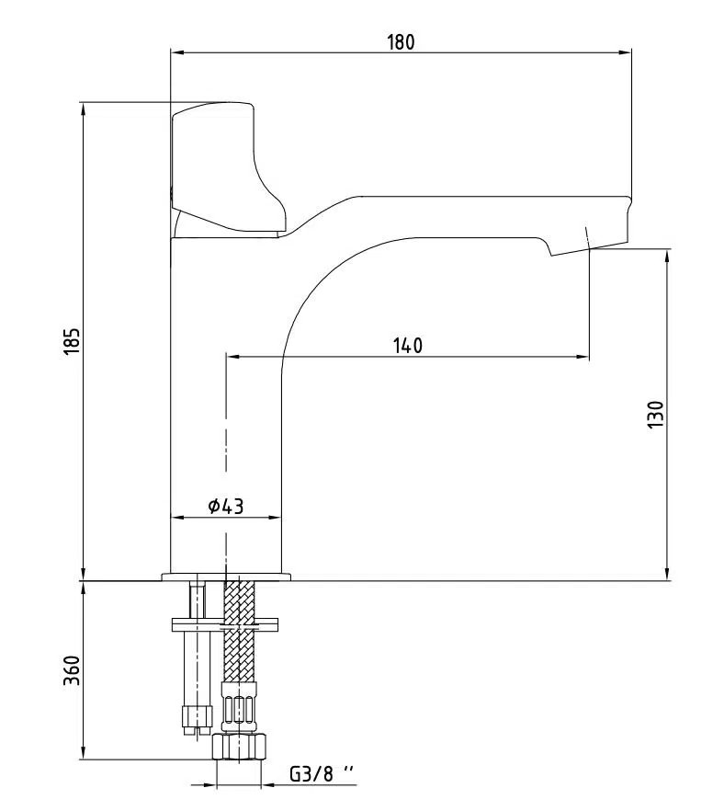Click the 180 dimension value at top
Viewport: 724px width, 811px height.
(x=402, y=41)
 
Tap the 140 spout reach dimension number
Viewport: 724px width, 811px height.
(x=407, y=346)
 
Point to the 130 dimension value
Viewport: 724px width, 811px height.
(x=656, y=416)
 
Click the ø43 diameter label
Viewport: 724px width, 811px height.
(x=225, y=507)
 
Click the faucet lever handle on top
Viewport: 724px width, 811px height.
(x=225, y=166)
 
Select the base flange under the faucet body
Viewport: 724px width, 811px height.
(x=226, y=577)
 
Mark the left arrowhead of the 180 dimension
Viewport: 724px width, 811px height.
(x=175, y=52)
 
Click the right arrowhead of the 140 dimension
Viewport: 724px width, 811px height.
(x=584, y=357)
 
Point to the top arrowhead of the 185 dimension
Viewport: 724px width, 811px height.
(x=84, y=107)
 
